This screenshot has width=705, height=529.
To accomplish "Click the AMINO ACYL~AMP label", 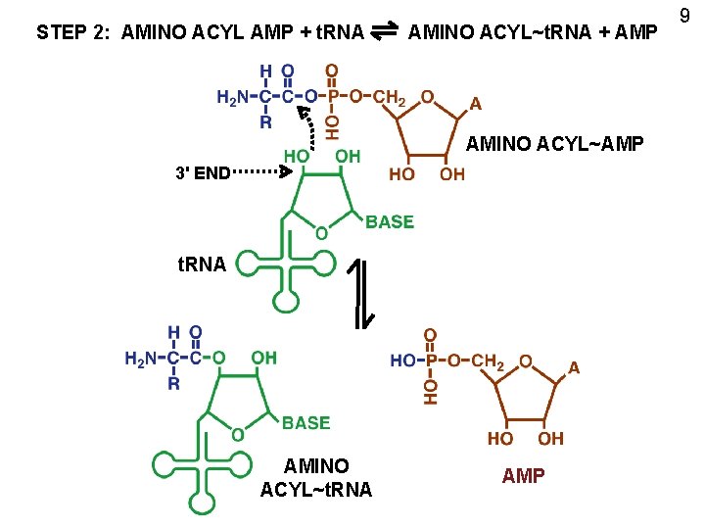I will coord(554,145).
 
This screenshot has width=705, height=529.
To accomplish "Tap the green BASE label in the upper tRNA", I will coord(390,222).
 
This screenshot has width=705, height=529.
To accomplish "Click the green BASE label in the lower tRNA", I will coord(305,423).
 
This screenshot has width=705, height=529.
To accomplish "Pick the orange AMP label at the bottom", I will coord(524,476).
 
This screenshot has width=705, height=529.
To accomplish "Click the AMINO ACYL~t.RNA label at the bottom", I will coord(316,477).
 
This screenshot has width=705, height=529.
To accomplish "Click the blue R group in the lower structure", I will coord(173,384).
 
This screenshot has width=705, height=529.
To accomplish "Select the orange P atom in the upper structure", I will coord(333,97).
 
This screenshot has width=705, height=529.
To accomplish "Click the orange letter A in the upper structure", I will coord(475,103).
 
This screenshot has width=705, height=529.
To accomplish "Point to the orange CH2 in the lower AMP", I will coord(488,361).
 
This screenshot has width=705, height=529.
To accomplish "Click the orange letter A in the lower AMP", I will coord(575,368).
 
